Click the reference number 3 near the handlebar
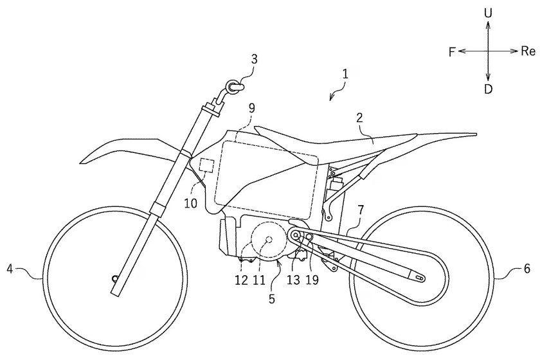click(254, 59)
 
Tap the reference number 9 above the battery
click(252, 108)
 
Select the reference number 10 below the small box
click(190, 203)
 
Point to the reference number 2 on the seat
click(359, 118)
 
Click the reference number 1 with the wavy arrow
click(345, 75)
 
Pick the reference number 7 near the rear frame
click(360, 210)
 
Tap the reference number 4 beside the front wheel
click(10, 268)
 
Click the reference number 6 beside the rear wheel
click(527, 268)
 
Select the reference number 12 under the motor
click(242, 280)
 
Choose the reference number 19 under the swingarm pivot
click(312, 280)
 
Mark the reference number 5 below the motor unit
click(272, 299)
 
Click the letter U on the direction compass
click(488, 14)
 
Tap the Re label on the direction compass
click(528, 51)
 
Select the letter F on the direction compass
click(452, 52)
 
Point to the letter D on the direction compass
click(488, 89)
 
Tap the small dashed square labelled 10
click(207, 165)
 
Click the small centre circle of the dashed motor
click(269, 240)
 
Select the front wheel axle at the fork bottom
click(114, 278)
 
